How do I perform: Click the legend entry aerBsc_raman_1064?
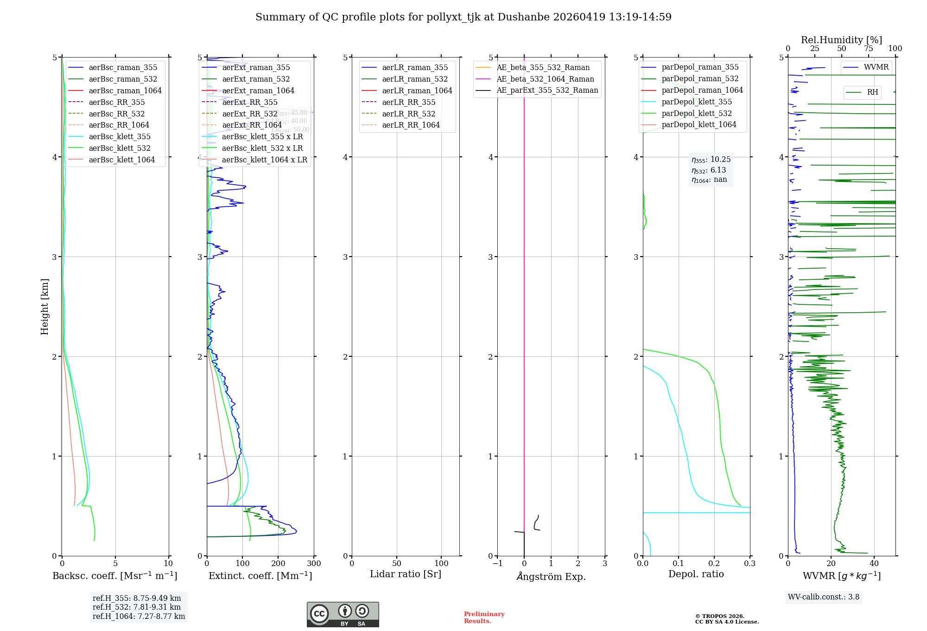[125, 90]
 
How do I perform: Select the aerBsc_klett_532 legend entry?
[120, 148]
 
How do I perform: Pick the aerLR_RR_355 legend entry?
[408, 102]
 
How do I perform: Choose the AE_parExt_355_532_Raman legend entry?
[547, 90]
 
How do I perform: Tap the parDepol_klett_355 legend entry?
[697, 102]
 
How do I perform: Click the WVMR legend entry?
[876, 67]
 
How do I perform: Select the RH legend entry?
[872, 92]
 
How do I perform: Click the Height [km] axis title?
[44, 307]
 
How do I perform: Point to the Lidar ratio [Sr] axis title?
[406, 574]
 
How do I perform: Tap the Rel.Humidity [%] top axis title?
[841, 40]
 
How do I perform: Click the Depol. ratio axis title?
[696, 574]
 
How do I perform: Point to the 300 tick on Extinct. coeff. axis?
[314, 563]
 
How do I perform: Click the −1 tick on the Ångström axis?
[497, 563]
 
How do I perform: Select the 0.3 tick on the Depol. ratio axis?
[750, 563]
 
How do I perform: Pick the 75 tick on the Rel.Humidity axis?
[869, 49]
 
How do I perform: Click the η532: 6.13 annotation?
[709, 170]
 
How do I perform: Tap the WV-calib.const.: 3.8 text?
[824, 597]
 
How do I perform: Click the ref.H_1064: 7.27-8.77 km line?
[139, 617]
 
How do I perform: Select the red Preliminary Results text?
[484, 618]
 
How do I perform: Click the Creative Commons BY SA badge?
[343, 615]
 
